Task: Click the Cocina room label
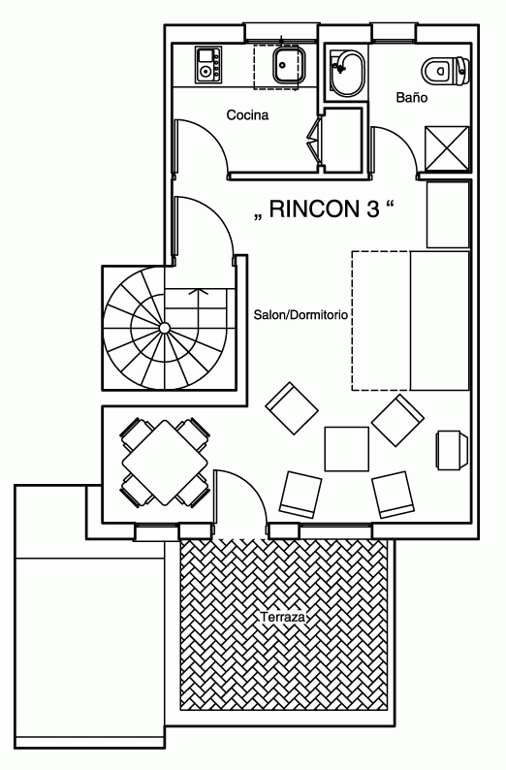247,114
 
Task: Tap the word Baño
412,97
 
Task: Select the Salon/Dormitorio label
300,315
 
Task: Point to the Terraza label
283,617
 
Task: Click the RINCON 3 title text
325,209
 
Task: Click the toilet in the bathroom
446,70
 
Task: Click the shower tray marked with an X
447,147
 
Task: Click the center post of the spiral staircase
165,328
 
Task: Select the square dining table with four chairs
165,463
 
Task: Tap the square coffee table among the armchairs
346,449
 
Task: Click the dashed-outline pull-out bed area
381,321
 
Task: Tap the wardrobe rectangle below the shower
448,214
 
